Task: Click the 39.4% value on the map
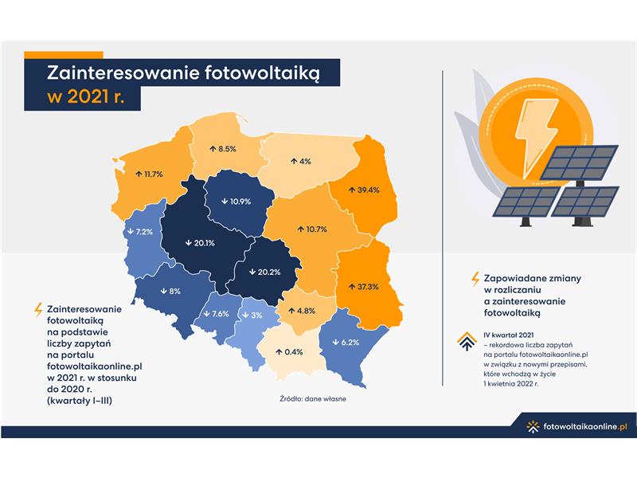(368, 190)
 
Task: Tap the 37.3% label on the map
(368, 287)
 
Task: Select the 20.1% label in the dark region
(204, 243)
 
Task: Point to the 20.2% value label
(269, 272)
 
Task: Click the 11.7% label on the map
(154, 174)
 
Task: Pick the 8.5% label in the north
(227, 149)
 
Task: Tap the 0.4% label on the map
(293, 352)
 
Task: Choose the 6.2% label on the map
(350, 343)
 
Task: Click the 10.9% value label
(240, 202)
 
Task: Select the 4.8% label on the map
(306, 311)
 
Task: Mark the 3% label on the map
(256, 315)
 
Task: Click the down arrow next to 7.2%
(131, 232)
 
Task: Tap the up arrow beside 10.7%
(301, 229)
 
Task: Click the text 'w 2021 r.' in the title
(86, 97)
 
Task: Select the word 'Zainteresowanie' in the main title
(123, 73)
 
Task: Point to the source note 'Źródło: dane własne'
(313, 399)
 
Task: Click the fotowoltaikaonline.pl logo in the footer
(576, 427)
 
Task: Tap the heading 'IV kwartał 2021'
(509, 335)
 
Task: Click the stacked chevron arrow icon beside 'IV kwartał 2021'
(467, 341)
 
